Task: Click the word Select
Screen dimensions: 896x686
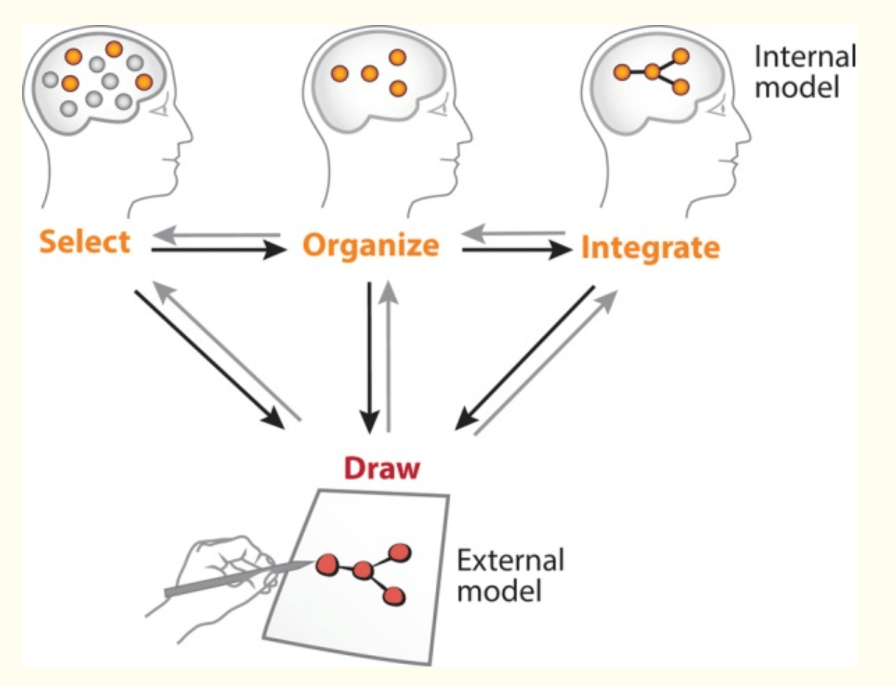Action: pyautogui.click(x=85, y=242)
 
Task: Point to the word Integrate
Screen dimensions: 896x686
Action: pyautogui.click(x=650, y=248)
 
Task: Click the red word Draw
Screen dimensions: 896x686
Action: pyautogui.click(x=382, y=468)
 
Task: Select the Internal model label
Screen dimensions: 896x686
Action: pyautogui.click(x=805, y=72)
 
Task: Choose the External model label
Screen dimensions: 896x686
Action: pyautogui.click(x=510, y=576)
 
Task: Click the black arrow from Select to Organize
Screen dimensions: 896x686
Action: pyautogui.click(x=218, y=250)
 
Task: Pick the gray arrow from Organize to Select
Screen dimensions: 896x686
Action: pyautogui.click(x=216, y=235)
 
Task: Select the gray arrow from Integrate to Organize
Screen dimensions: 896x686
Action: pyautogui.click(x=513, y=233)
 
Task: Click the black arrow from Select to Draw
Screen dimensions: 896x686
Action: pyautogui.click(x=210, y=360)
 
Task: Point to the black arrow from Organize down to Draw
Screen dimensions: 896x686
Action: pyautogui.click(x=369, y=358)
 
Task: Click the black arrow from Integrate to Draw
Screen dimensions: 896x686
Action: pyautogui.click(x=524, y=358)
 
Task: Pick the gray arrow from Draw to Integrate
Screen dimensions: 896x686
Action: pyautogui.click(x=546, y=363)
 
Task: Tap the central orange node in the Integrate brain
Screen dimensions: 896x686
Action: pyautogui.click(x=652, y=72)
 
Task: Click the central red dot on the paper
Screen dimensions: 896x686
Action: pyautogui.click(x=362, y=571)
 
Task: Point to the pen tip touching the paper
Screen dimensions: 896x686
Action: pyautogui.click(x=310, y=563)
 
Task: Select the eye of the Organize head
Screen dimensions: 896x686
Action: pyautogui.click(x=438, y=109)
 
